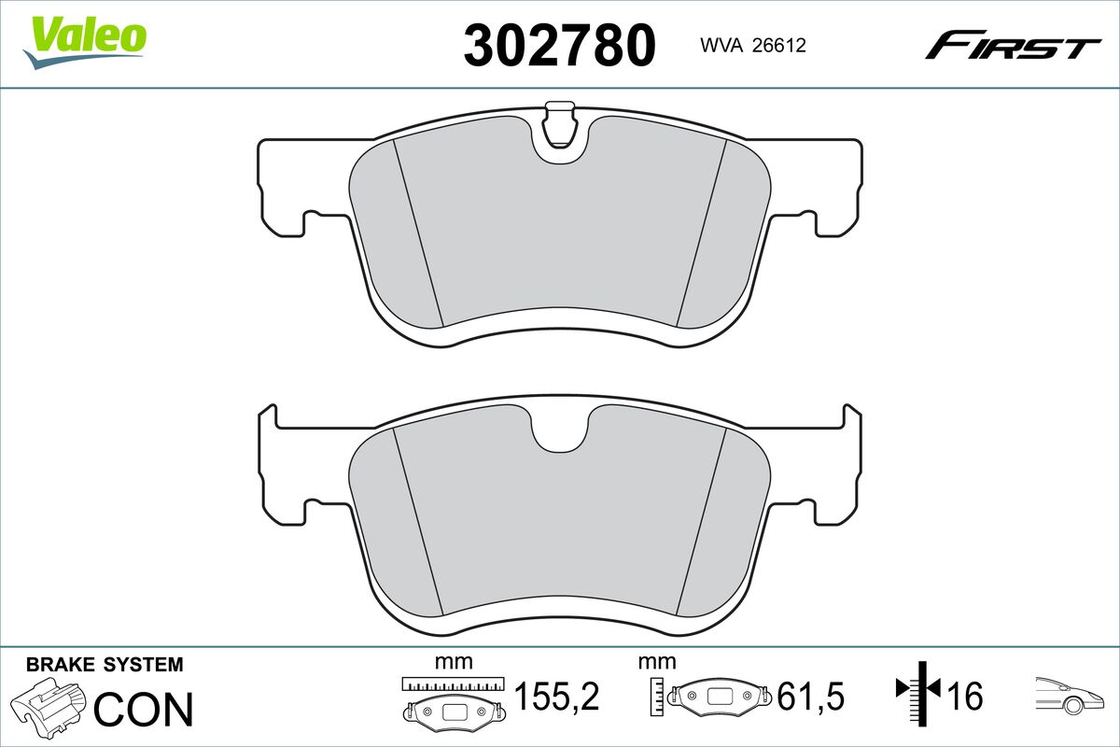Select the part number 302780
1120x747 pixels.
pos(559,44)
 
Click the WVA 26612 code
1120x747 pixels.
pos(746,45)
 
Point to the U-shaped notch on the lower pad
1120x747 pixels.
pos(560,431)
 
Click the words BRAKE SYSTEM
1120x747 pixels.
pos(105,665)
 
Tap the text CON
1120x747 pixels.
pos(145,710)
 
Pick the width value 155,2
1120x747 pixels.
pos(556,697)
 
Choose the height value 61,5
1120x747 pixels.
pos(810,697)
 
